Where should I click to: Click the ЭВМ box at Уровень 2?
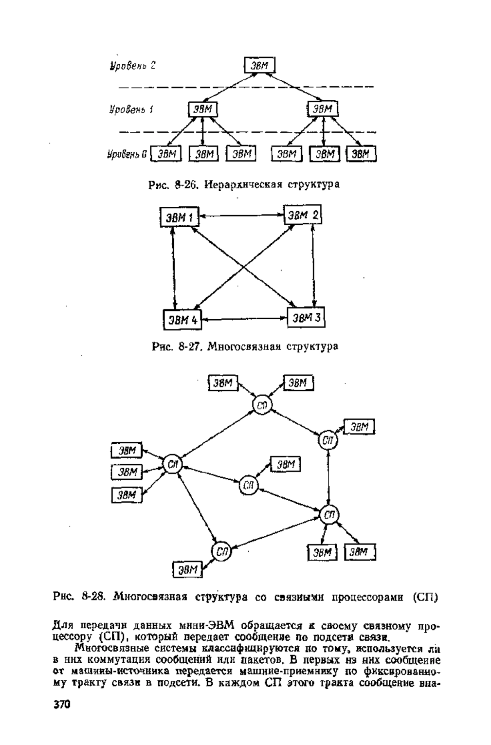point(259,65)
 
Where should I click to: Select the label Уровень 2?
point(132,65)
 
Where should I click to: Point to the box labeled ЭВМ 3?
point(306,317)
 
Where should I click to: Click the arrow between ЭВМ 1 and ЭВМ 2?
point(241,215)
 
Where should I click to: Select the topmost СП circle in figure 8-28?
point(263,405)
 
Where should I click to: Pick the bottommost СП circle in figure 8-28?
point(221,551)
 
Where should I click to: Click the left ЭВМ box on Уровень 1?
point(203,109)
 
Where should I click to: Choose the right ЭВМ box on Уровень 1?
point(322,109)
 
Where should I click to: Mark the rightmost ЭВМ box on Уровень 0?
point(361,154)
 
